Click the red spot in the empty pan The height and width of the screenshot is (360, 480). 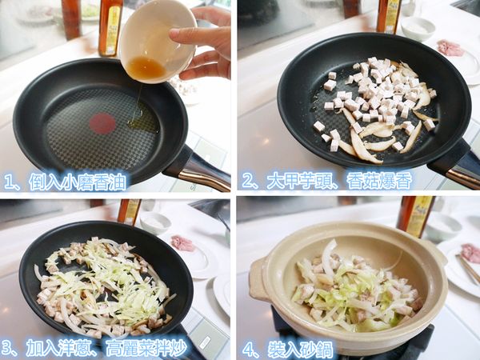102,123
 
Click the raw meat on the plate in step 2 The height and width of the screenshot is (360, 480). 450,47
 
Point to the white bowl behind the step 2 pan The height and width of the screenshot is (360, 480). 417,29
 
